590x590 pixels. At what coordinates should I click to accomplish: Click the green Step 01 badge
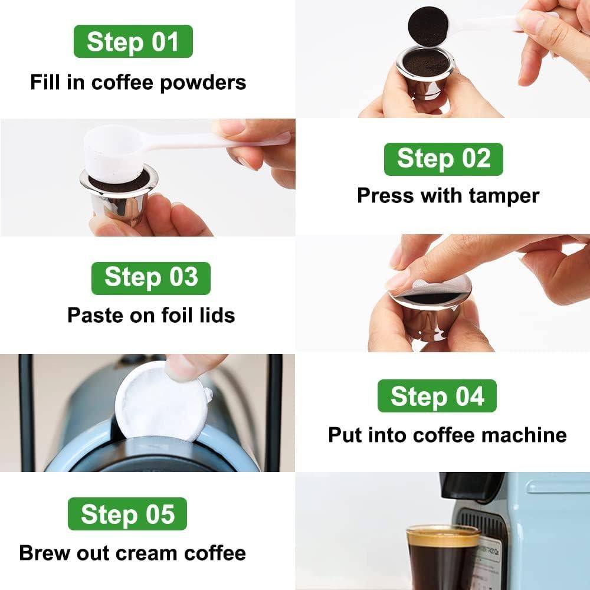click(133, 41)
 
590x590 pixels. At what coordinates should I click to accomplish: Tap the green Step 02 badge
click(443, 159)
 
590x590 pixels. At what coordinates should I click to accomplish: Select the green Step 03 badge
click(150, 278)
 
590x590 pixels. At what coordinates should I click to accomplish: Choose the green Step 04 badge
click(437, 396)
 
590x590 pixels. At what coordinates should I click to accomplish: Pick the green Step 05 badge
click(127, 514)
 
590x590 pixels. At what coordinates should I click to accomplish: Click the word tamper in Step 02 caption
click(504, 195)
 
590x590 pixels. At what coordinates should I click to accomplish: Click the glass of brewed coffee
click(442, 558)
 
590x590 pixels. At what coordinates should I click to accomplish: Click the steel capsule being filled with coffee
click(425, 74)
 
